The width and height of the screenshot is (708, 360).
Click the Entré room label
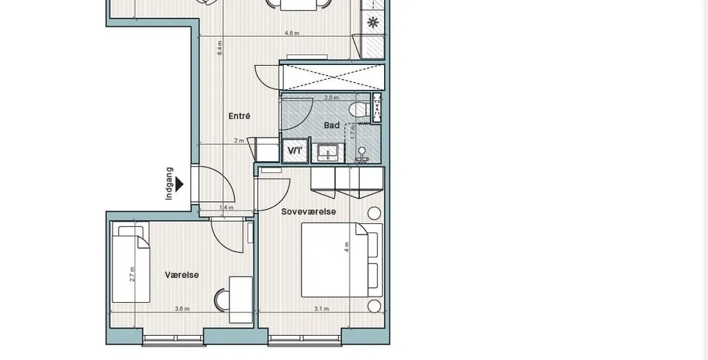tap(239, 116)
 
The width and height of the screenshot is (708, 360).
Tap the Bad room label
tap(332, 125)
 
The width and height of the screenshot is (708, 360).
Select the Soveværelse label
tap(308, 211)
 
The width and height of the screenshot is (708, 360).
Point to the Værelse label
tap(181, 275)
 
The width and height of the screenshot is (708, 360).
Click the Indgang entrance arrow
tap(179, 184)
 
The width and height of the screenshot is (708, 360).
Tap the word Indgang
tap(169, 183)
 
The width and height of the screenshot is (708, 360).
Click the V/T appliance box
tap(295, 151)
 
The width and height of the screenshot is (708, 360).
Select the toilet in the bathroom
tap(360, 110)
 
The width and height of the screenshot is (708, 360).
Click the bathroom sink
tap(328, 153)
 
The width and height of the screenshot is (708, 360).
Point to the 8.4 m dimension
tap(220, 48)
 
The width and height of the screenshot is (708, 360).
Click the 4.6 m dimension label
tap(292, 33)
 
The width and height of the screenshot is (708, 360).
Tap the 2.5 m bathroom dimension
tap(332, 98)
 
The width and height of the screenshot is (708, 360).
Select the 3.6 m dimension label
tap(182, 309)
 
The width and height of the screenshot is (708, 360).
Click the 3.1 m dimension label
tap(322, 309)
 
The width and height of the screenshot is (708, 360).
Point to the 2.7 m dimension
tap(132, 274)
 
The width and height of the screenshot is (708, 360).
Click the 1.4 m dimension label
tap(226, 207)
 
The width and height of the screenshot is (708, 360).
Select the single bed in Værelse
tap(131, 262)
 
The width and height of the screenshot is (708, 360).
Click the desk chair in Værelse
tap(221, 301)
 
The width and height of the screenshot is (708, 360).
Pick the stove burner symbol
tap(372, 22)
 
